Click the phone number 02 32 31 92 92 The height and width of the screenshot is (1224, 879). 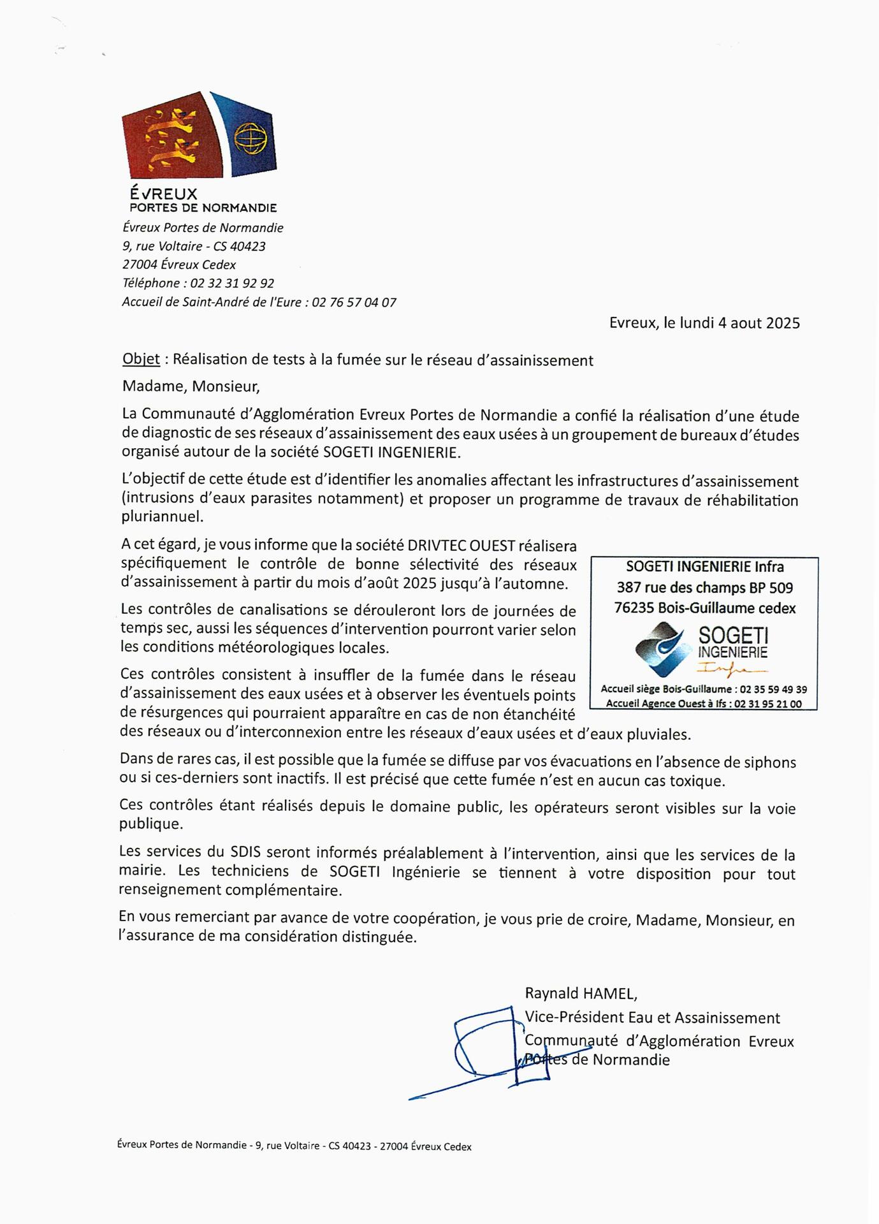[232, 283]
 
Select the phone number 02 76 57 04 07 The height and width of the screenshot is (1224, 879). [354, 302]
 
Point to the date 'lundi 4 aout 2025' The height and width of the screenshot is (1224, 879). [731, 323]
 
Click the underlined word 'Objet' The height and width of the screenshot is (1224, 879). [141, 360]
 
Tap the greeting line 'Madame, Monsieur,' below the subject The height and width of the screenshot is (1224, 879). [191, 386]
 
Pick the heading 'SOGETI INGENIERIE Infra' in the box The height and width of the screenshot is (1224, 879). [704, 567]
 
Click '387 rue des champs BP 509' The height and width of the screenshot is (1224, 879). [704, 587]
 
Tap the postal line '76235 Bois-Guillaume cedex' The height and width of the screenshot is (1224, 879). [704, 608]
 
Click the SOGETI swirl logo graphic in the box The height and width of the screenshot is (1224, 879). [663, 649]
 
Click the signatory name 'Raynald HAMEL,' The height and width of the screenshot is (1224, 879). [581, 993]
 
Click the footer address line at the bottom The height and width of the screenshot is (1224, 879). [294, 1146]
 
